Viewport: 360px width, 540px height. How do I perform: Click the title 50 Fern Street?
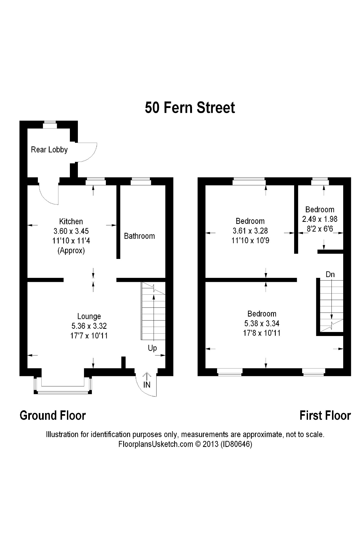pos(190,108)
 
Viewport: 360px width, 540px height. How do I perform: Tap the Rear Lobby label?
pos(49,150)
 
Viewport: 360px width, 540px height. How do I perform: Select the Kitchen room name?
pos(71,221)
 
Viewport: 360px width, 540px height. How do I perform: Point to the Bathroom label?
pos(139,236)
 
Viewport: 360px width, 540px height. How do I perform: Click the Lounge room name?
pos(89,316)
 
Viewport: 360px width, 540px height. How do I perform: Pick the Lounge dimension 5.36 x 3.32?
pos(89,326)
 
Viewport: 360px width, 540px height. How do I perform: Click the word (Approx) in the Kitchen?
pos(71,251)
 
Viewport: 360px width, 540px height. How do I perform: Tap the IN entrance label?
pos(147,385)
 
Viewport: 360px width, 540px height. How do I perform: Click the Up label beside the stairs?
pos(152,348)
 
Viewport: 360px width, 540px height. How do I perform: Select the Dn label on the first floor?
pos(330,274)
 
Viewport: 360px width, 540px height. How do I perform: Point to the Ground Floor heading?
pos(53,416)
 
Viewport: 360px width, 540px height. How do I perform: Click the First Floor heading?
pos(325,416)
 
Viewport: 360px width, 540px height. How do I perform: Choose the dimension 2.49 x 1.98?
pos(320,219)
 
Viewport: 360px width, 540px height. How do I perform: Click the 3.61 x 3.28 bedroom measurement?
pos(250,231)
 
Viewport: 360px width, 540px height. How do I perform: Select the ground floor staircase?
pos(153,311)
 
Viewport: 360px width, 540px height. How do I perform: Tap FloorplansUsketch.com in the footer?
pos(155,444)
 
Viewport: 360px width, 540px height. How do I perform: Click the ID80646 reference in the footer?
pos(236,444)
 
